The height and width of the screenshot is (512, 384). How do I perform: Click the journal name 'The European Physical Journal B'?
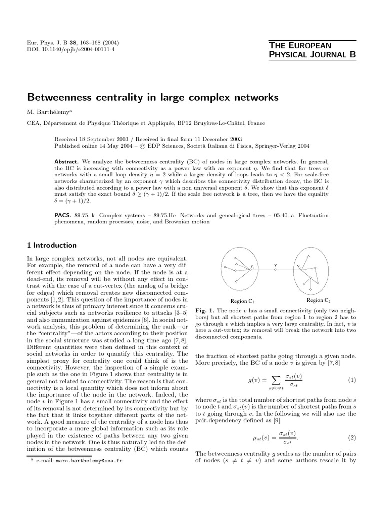[312, 50]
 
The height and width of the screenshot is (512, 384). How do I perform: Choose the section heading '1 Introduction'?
[52, 245]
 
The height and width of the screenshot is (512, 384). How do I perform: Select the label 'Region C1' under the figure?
[242, 301]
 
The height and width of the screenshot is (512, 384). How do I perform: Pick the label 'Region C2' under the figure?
[319, 300]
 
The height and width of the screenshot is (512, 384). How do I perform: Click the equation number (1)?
[352, 380]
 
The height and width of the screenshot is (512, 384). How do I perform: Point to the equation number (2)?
[352, 438]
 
